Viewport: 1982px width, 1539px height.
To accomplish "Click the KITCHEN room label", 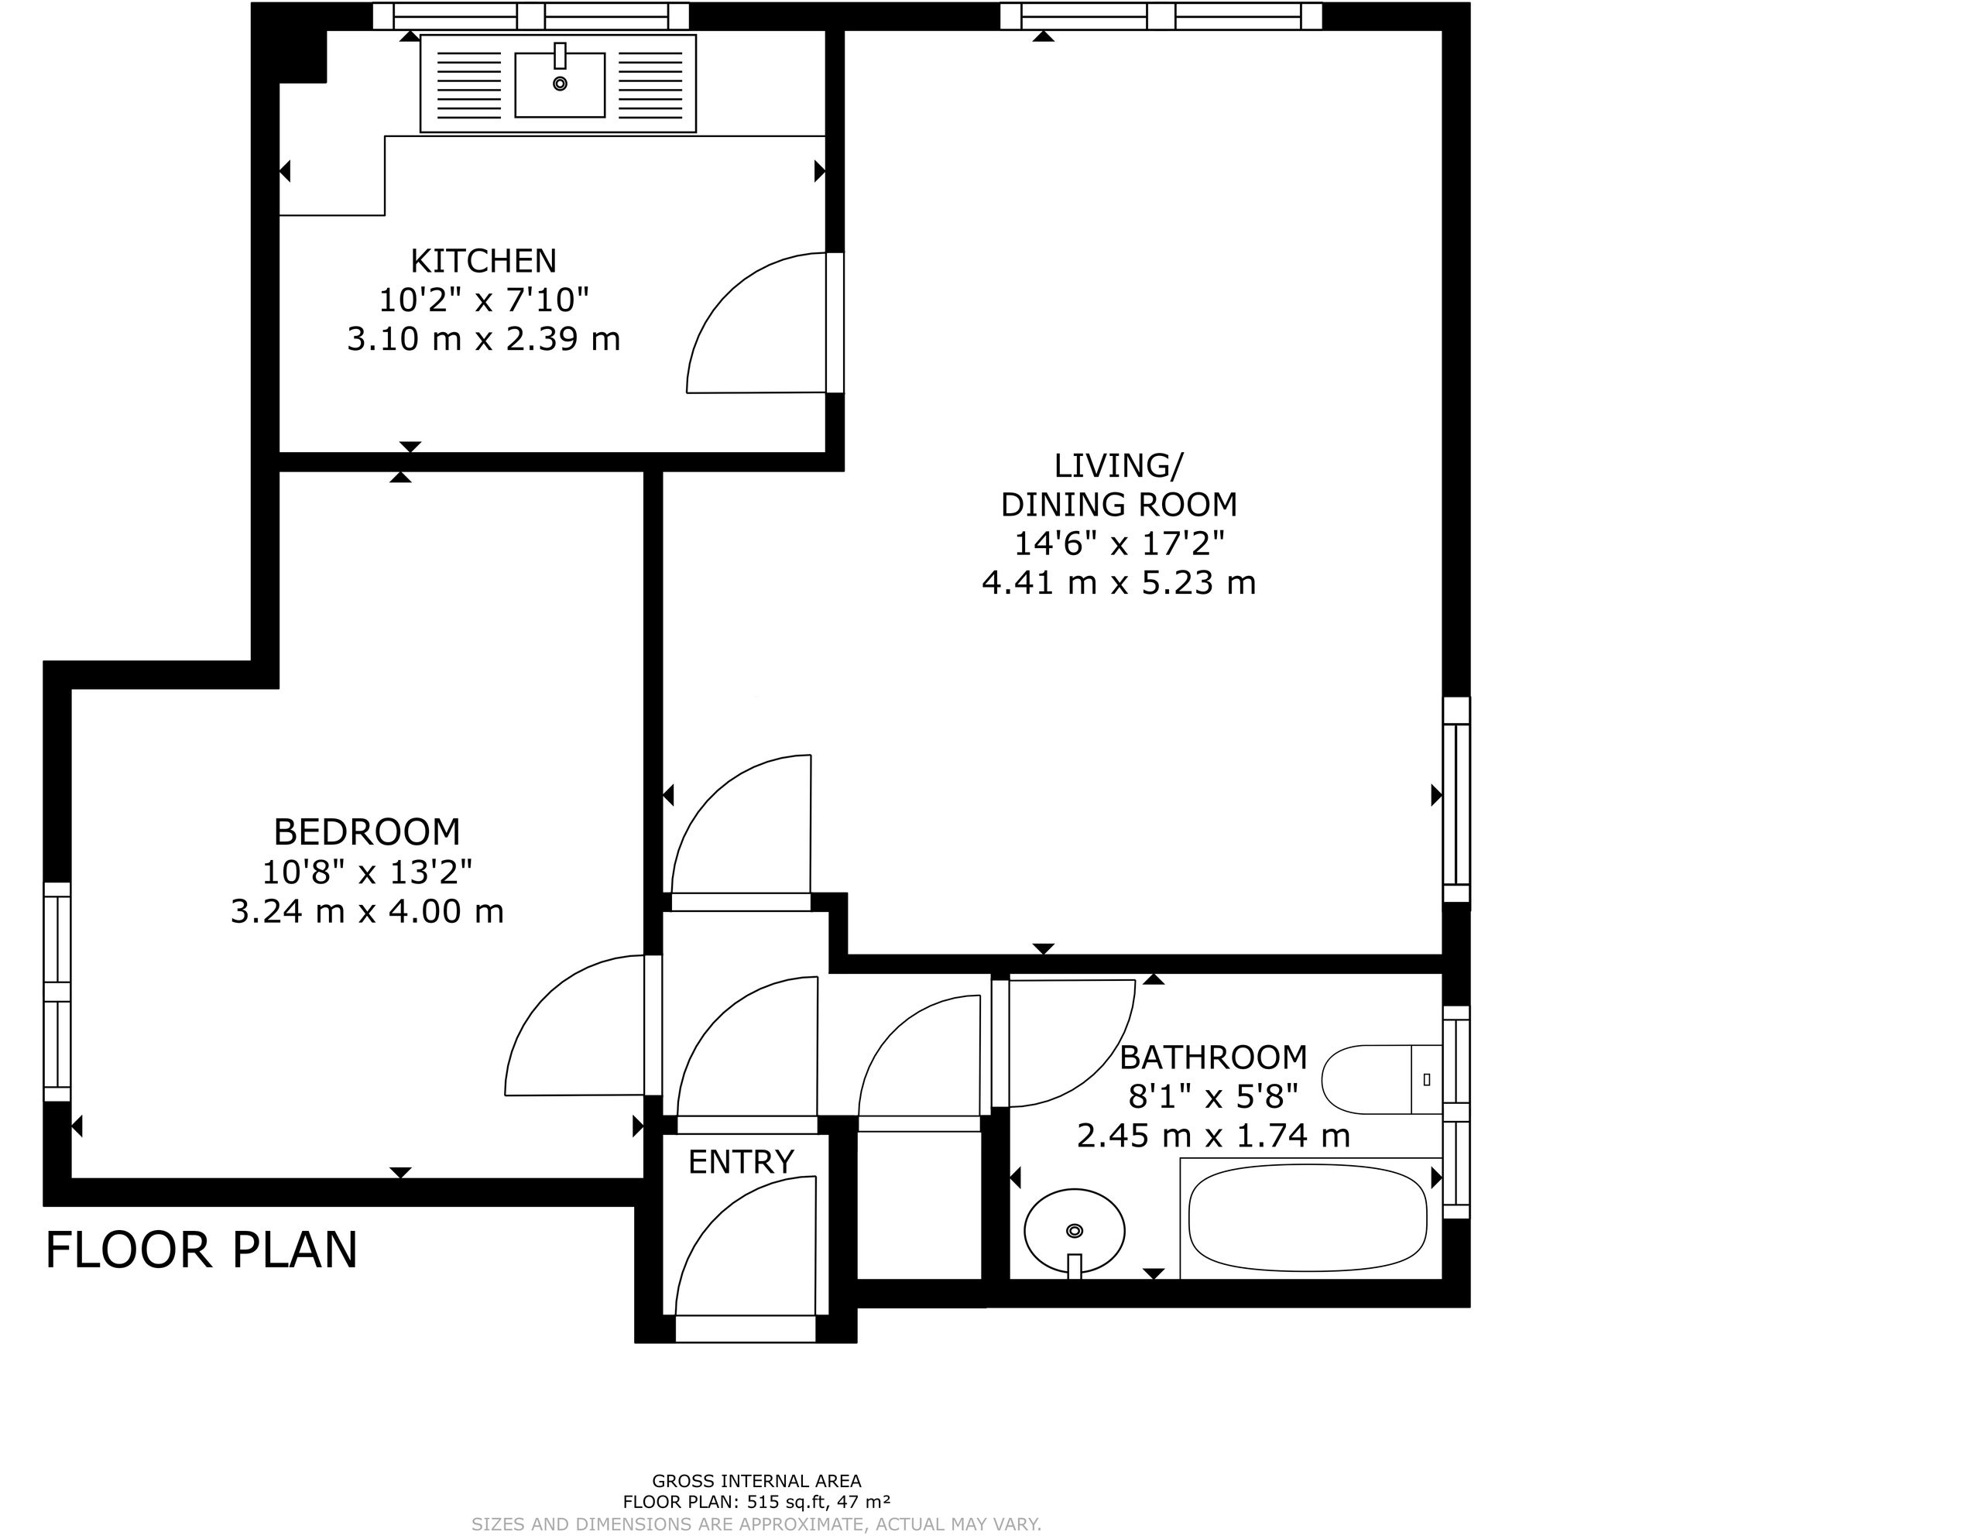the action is click(483, 262).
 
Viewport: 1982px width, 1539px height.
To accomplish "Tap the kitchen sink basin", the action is click(560, 84).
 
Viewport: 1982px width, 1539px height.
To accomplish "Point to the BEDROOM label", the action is click(367, 832).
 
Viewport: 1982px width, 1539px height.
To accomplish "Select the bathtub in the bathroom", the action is click(1308, 1219).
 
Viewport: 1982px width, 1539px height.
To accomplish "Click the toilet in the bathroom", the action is click(1381, 1079).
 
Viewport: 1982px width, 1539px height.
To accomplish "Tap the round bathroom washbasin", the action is click(1075, 1232).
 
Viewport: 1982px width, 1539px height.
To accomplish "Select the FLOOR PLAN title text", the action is click(201, 1250).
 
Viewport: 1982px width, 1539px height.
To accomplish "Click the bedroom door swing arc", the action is click(536, 998).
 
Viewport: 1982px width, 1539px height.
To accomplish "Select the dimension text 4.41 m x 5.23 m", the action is click(1119, 583).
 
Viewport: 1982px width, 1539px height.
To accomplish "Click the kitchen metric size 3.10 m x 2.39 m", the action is click(484, 339).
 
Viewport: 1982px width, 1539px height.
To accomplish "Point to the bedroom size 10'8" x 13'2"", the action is click(367, 872).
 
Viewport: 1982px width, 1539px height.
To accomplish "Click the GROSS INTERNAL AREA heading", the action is click(757, 1482).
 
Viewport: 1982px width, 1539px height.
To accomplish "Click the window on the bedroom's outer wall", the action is click(57, 992).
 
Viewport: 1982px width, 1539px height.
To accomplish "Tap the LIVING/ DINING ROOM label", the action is click(1119, 485).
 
